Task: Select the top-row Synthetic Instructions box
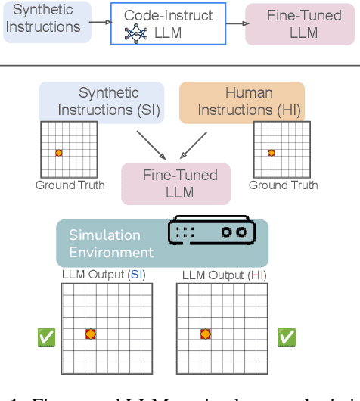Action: tap(45, 21)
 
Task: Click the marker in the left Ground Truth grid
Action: tap(59, 153)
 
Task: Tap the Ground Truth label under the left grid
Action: tap(70, 185)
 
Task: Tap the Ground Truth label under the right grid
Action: tap(284, 185)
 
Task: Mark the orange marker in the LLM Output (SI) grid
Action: tap(90, 333)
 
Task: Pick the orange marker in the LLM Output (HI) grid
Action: tap(204, 333)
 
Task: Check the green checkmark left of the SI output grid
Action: tap(47, 337)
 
